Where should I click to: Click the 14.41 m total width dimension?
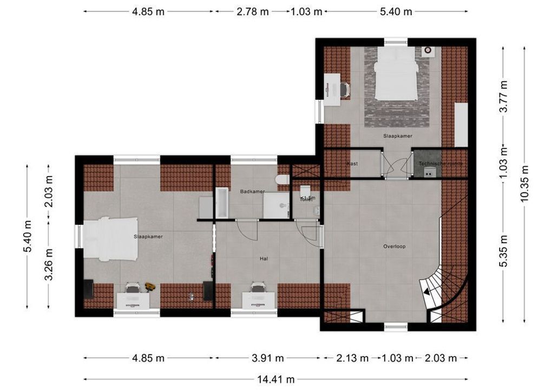tap(275, 379)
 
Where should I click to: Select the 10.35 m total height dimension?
tap(524, 184)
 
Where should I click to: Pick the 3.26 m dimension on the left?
tap(49, 264)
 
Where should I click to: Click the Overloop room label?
tap(394, 246)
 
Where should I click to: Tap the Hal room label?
tap(264, 259)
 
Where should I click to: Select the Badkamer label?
tap(252, 191)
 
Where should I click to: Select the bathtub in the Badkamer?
tap(222, 203)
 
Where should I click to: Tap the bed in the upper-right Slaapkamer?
tap(396, 74)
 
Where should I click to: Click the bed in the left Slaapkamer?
tap(111, 239)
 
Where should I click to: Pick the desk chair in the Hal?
tap(257, 288)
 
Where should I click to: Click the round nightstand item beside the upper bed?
tap(428, 51)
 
